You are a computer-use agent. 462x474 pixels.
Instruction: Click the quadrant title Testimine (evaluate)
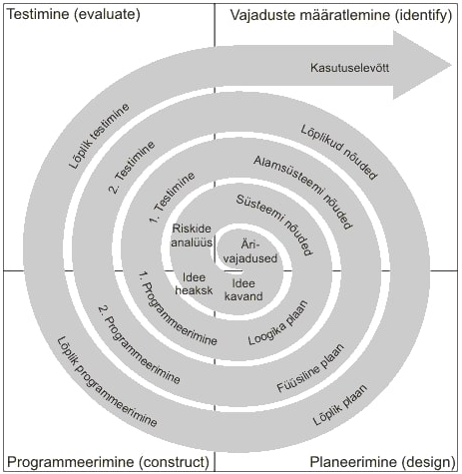click(x=74, y=14)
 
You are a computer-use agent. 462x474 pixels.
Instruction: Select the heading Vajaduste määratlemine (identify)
click(x=341, y=15)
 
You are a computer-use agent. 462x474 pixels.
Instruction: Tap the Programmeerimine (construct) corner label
click(x=109, y=462)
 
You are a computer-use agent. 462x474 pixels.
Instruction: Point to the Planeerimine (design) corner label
click(x=382, y=462)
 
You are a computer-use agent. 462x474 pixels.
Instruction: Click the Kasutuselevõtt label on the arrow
click(x=349, y=68)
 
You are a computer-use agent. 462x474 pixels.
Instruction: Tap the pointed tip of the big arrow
click(x=451, y=65)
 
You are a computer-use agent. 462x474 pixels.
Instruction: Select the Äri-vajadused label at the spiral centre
click(x=250, y=251)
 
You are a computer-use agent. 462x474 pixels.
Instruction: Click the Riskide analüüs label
click(x=192, y=236)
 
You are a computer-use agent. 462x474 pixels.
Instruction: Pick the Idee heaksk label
click(x=194, y=283)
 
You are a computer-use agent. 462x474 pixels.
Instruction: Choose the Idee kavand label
click(x=243, y=289)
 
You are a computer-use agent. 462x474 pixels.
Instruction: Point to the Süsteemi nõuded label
click(x=274, y=225)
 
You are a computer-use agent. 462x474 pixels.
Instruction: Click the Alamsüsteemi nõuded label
click(x=302, y=193)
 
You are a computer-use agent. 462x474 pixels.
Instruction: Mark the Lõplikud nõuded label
click(x=339, y=152)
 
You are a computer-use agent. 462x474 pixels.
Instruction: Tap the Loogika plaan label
click(x=278, y=322)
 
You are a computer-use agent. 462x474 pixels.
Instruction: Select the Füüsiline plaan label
click(x=310, y=368)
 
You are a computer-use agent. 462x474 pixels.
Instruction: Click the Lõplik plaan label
click(x=340, y=405)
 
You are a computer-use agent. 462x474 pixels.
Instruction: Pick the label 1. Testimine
click(x=172, y=198)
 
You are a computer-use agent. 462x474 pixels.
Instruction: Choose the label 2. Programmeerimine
click(x=139, y=344)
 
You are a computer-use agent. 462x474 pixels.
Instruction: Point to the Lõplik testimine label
click(x=99, y=136)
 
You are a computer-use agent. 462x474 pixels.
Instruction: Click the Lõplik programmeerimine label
click(x=107, y=382)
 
